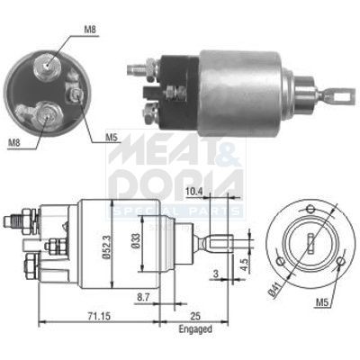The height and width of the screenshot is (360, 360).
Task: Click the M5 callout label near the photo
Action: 111,138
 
